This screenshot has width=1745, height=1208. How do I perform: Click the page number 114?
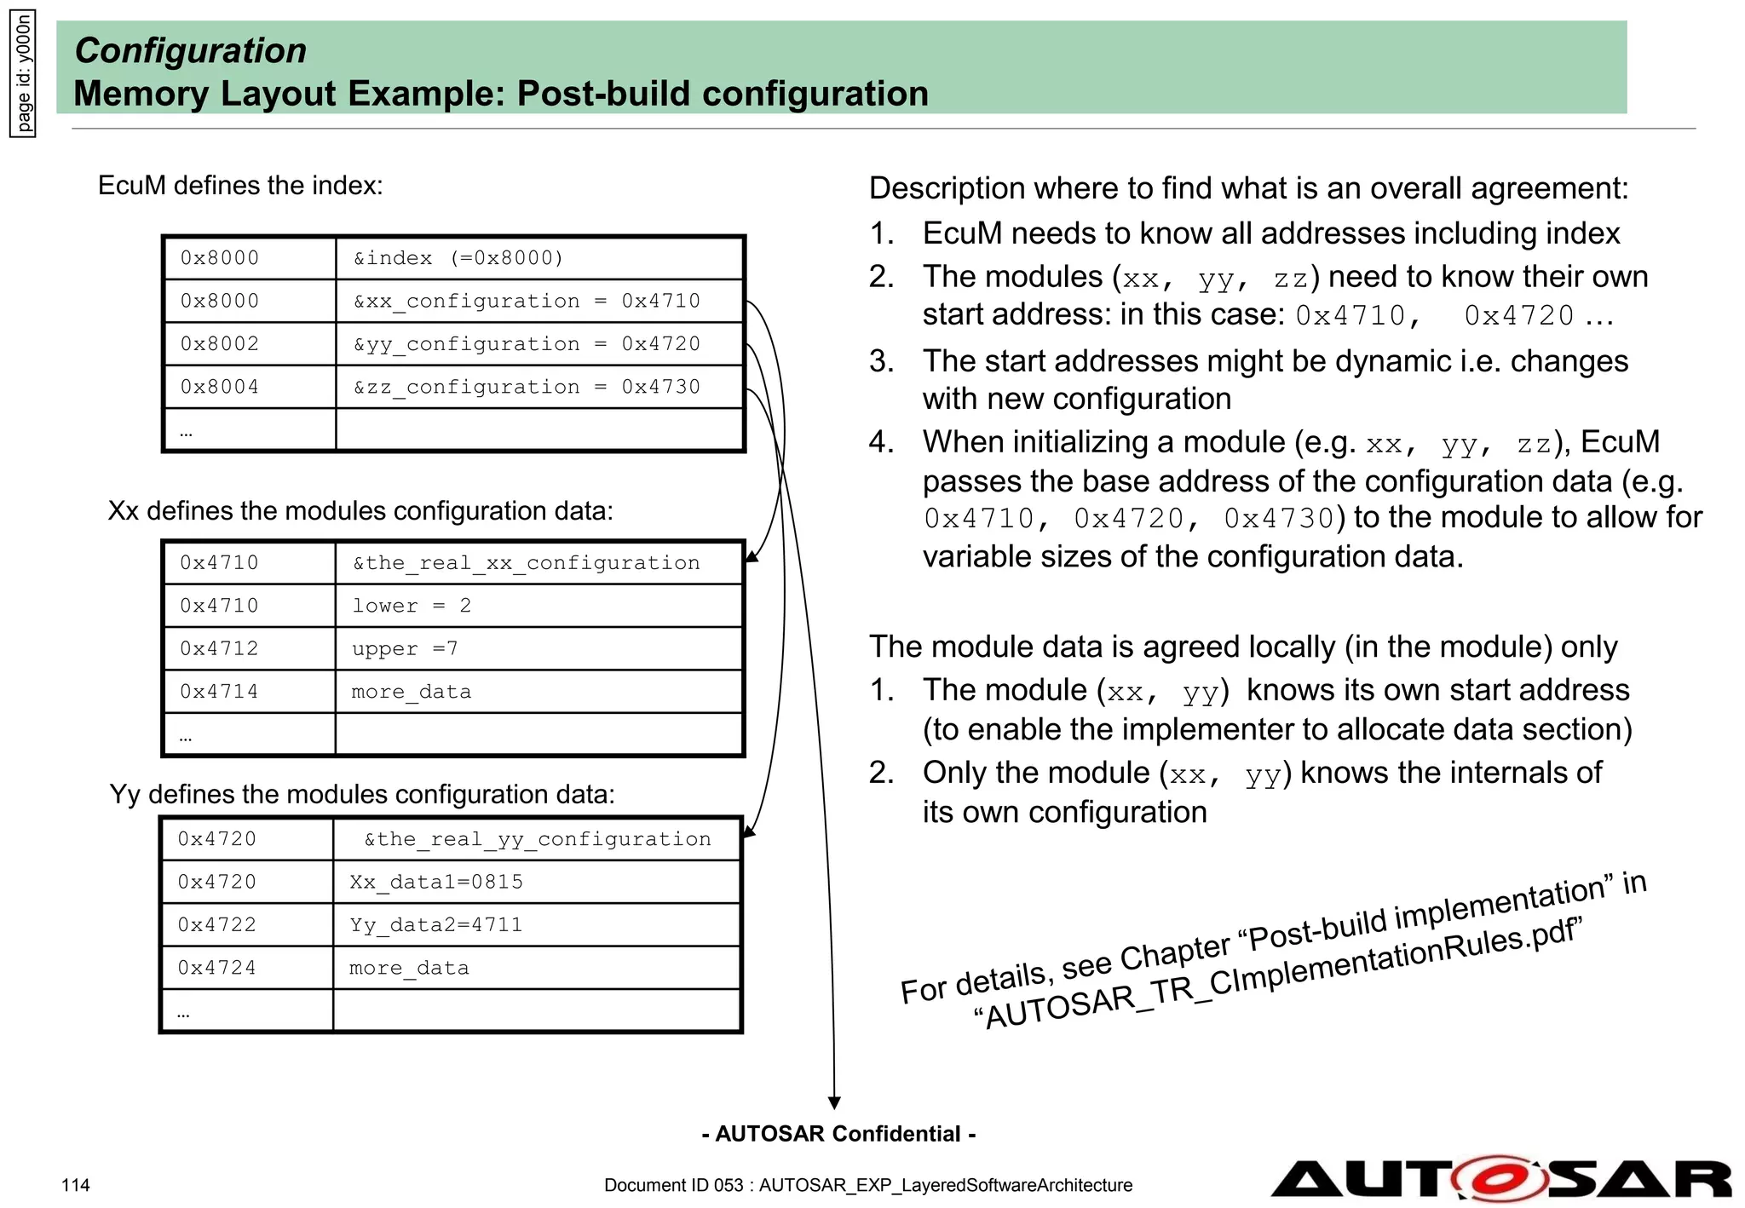tap(75, 1185)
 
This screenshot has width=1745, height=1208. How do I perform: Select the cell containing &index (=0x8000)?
tap(540, 258)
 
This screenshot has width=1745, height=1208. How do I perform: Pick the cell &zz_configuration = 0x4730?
tap(540, 387)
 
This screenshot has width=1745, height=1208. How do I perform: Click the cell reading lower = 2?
tap(538, 606)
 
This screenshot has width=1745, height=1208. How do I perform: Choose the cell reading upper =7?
tap(538, 649)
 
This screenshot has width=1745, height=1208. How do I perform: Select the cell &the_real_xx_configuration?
tap(538, 563)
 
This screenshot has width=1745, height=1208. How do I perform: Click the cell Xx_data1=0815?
tap(537, 882)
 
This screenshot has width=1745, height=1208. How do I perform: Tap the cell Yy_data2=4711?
tap(537, 925)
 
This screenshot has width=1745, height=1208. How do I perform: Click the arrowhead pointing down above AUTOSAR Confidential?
tap(834, 1102)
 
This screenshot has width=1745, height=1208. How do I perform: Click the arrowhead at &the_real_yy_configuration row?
tap(749, 831)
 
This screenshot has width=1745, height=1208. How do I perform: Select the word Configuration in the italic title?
tap(191, 50)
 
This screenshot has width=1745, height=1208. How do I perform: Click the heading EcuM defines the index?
tap(240, 186)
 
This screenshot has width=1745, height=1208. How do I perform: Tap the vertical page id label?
tap(23, 74)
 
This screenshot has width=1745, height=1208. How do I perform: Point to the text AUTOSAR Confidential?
tap(838, 1134)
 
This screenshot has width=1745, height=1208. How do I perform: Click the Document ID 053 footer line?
tap(867, 1185)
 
